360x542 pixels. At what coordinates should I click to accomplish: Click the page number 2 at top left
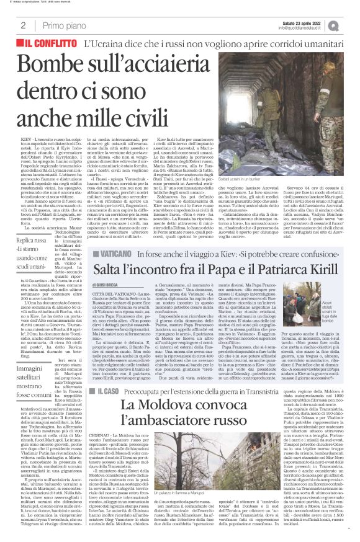[x=22, y=25]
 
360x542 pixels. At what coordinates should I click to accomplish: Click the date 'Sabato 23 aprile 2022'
[x=295, y=22]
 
